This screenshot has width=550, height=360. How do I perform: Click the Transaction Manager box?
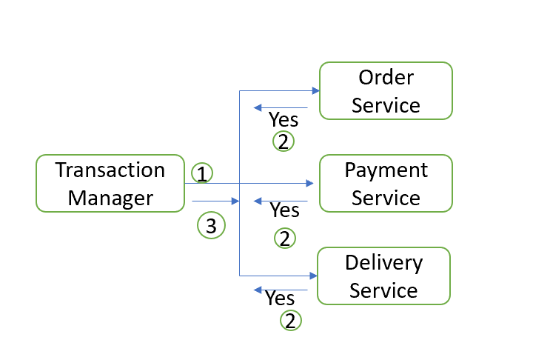[110, 183]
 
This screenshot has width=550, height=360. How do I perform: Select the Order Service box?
[385, 90]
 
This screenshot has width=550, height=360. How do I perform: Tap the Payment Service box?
[385, 183]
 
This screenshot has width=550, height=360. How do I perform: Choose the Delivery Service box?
[383, 276]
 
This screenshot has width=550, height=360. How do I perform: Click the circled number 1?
[201, 173]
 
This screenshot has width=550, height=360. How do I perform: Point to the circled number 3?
[211, 226]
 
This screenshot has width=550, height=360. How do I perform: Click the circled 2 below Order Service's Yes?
[284, 141]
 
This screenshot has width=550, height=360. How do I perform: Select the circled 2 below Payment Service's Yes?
[284, 238]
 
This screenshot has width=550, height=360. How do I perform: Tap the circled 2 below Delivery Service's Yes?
[290, 321]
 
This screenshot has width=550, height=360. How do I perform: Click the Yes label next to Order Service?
[283, 119]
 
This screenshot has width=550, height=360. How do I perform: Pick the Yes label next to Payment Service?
[284, 210]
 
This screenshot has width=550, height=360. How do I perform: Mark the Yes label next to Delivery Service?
[280, 299]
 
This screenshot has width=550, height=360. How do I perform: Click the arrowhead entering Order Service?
[315, 90]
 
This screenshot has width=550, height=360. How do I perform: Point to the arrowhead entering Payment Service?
[310, 183]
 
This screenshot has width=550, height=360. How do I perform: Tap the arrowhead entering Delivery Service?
[314, 276]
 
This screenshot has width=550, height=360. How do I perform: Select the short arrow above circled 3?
[215, 201]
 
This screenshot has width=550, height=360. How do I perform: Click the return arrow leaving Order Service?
[280, 108]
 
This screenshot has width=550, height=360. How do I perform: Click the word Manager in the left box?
[110, 198]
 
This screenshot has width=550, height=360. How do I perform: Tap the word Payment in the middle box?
[386, 170]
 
